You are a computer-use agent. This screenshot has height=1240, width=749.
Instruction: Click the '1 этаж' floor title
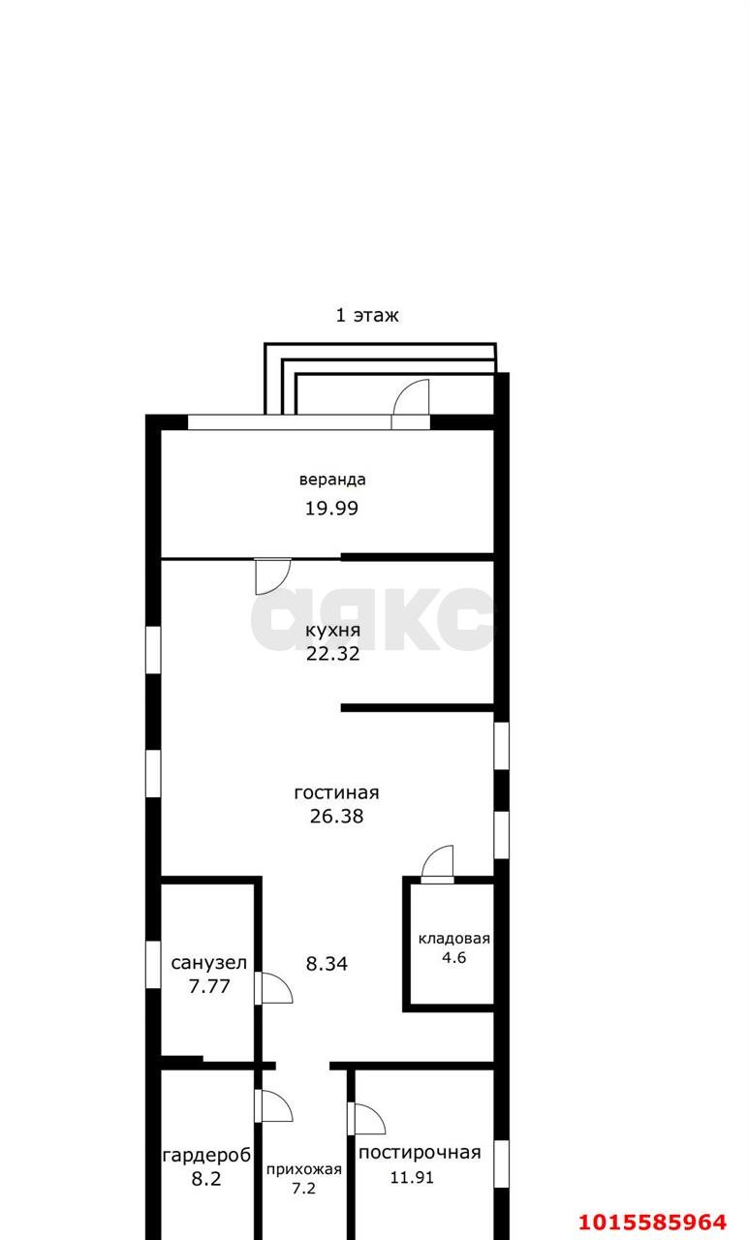coord(367,316)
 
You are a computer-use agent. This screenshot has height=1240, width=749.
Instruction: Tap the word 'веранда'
coord(332,480)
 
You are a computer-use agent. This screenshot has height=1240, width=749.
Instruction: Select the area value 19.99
coord(331,509)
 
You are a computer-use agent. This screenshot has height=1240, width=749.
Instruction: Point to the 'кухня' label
coord(332,630)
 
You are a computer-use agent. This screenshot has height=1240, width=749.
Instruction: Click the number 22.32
coord(332,654)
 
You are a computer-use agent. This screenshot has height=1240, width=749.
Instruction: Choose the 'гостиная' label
coord(336,792)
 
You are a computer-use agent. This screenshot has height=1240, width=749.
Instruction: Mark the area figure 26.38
coord(336,817)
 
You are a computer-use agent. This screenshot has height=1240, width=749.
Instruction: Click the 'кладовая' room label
coord(453,939)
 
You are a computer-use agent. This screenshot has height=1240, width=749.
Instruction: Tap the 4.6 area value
coord(453,957)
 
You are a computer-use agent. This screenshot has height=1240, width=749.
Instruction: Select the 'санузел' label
coord(208,963)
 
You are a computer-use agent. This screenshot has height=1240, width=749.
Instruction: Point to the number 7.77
coord(209,986)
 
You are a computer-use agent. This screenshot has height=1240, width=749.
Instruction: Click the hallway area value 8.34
coord(327,964)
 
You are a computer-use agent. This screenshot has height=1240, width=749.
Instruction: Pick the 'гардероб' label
coord(206,1156)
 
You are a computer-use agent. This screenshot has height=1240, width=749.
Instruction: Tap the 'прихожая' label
coord(304,1169)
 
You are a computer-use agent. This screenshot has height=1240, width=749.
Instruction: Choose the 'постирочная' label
coord(420,1153)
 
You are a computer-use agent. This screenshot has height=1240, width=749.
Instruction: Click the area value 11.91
coord(412,1177)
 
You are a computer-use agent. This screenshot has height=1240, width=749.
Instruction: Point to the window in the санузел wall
coord(153,964)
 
